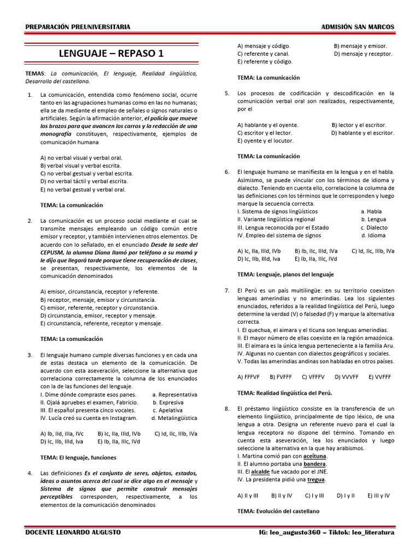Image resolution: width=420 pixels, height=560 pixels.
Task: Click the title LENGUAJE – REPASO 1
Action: pyautogui.click(x=110, y=53)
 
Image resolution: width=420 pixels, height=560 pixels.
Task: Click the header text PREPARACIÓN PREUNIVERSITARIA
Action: pyautogui.click(x=78, y=27)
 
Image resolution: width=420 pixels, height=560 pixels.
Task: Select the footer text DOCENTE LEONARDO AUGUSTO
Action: pyautogui.click(x=73, y=532)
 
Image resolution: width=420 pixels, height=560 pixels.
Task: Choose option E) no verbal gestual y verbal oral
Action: pyautogui.click(x=83, y=189)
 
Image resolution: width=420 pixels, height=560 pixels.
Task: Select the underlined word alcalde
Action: pyautogui.click(x=260, y=471)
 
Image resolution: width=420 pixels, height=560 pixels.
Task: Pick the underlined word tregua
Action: pyautogui.click(x=316, y=480)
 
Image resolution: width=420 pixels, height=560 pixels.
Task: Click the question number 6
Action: pyautogui.click(x=226, y=172)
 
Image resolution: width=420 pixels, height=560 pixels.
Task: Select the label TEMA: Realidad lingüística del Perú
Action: pyautogui.click(x=285, y=393)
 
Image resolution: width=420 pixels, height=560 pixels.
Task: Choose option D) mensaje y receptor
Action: pyautogui.click(x=363, y=54)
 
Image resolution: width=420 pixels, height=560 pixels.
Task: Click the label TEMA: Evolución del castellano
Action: pyautogui.click(x=278, y=511)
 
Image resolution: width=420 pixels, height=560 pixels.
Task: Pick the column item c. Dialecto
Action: pyautogui.click(x=374, y=227)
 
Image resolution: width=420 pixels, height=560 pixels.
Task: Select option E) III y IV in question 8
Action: pyautogui.click(x=378, y=495)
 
